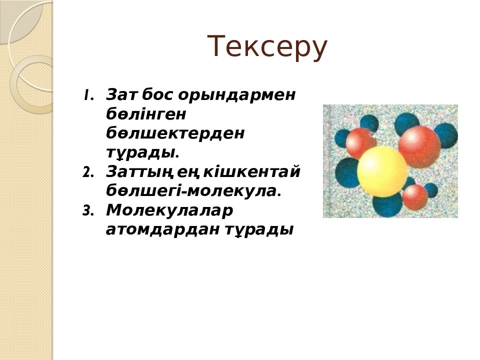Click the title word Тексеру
[267, 47]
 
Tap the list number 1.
[88, 95]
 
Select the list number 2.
[88, 172]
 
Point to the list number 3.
[88, 211]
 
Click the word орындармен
[236, 95]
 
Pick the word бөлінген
[146, 114]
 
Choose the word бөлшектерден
[175, 133]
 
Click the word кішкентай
[251, 171]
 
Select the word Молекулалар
[169, 210]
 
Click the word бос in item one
[157, 94]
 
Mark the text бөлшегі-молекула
[193, 191]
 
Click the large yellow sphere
[382, 171]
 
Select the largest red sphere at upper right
[419, 147]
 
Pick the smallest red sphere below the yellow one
[415, 197]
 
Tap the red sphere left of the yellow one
[361, 143]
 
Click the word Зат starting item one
[121, 94]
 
